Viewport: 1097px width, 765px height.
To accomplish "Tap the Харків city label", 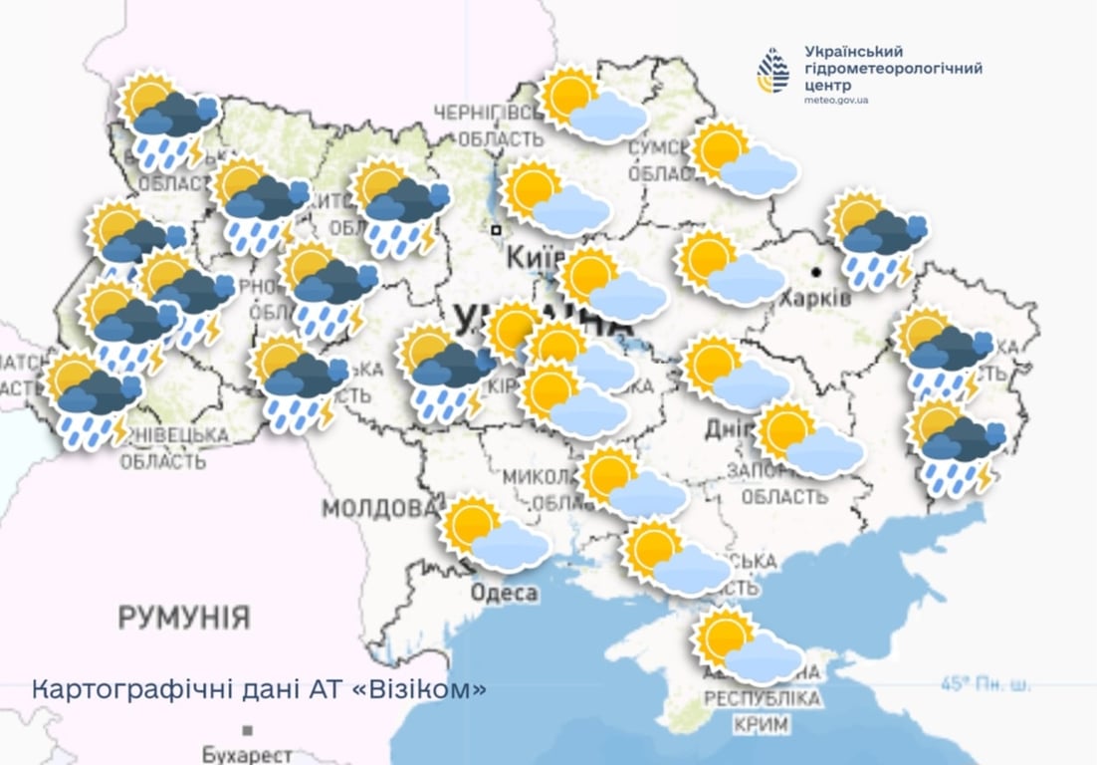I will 815,299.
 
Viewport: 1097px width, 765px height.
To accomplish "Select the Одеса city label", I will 505,594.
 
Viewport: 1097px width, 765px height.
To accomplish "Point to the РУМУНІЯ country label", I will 184,617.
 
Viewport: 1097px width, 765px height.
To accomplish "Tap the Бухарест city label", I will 247,754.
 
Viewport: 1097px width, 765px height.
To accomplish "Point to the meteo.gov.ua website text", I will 836,102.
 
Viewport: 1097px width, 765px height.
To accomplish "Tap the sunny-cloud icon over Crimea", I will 747,646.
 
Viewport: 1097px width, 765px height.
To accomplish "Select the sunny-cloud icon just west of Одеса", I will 496,535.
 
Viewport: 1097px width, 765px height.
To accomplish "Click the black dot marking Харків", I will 816,271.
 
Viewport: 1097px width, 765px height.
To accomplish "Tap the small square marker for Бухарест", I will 247,730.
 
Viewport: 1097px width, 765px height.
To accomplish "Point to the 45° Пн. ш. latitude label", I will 986,684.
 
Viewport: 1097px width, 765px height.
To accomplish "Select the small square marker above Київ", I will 495,230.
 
